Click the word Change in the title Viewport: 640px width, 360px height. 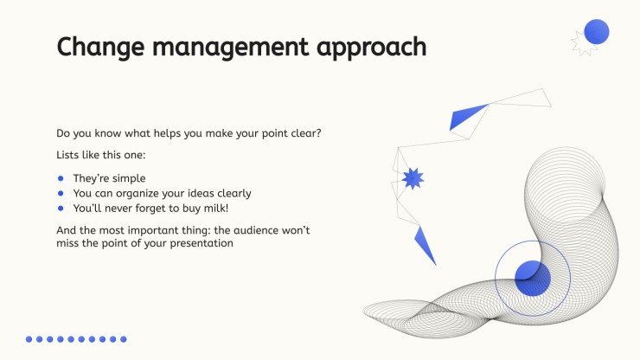click(x=100, y=47)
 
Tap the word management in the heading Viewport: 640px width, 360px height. click(x=230, y=47)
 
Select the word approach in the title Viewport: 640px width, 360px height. click(x=371, y=47)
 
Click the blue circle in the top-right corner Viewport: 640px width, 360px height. click(x=597, y=31)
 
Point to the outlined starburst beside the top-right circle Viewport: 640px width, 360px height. click(x=583, y=43)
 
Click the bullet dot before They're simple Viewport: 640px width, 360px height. click(x=61, y=178)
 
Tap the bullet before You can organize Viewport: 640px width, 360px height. click(x=61, y=193)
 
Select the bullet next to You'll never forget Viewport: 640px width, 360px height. click(x=61, y=209)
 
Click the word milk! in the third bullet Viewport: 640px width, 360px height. click(x=216, y=208)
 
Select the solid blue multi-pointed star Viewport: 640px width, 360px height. click(x=413, y=178)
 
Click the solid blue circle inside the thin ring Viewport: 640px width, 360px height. click(x=533, y=279)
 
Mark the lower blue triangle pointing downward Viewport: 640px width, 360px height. click(x=424, y=244)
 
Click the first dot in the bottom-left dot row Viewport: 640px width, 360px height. click(x=29, y=339)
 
